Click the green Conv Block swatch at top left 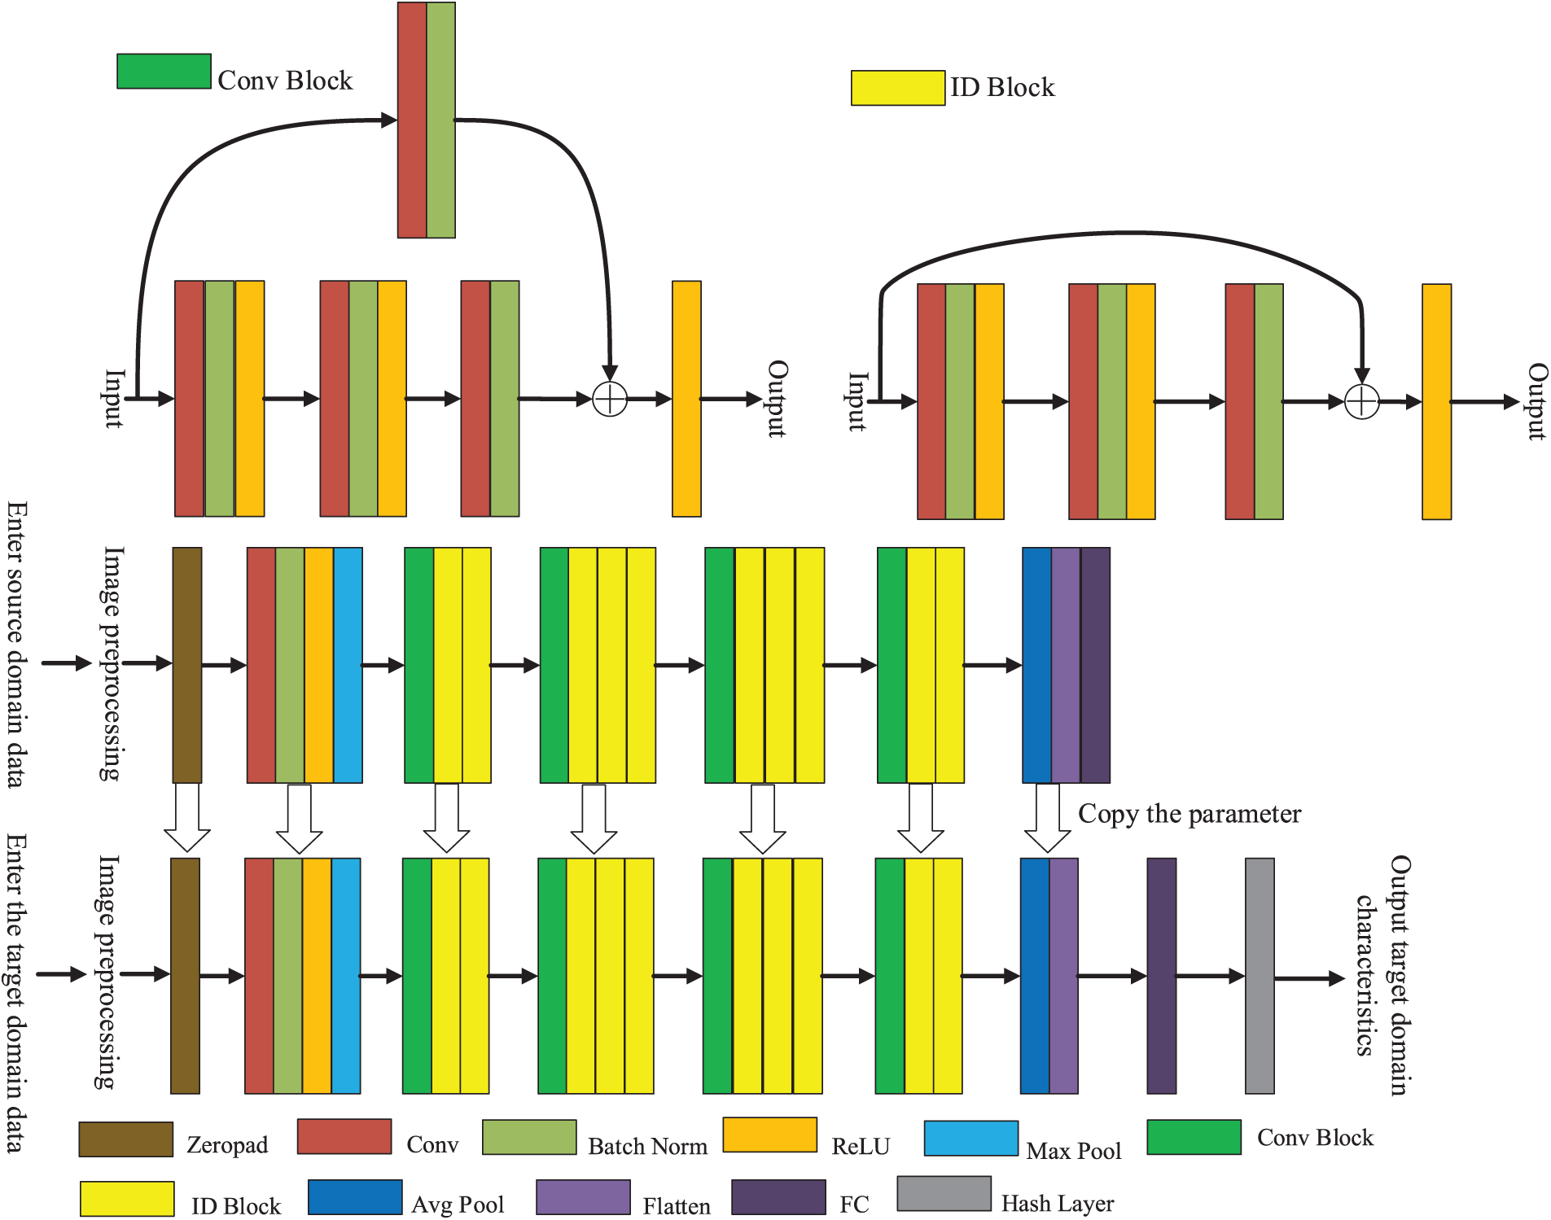[164, 72]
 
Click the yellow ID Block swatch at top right [897, 88]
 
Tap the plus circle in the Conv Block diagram [610, 399]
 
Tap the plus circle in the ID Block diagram [1361, 401]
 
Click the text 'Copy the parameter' [1189, 814]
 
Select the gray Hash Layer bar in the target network [1260, 975]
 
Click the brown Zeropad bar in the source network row [186, 664]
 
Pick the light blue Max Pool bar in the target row [346, 975]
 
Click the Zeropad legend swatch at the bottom [125, 1139]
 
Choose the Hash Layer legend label [1057, 1203]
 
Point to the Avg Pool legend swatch [355, 1197]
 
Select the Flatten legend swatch [583, 1197]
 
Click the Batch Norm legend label [647, 1146]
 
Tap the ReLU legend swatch [769, 1135]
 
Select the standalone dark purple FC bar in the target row [1161, 975]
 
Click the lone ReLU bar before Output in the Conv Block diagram [686, 399]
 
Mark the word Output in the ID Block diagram [1536, 401]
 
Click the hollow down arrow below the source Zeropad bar [187, 819]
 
